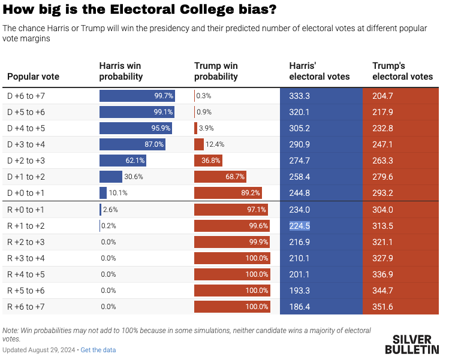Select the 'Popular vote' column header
click(x=33, y=77)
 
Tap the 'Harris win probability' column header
click(x=120, y=71)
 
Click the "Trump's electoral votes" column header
click(x=402, y=71)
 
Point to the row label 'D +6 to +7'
click(x=26, y=96)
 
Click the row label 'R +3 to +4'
click(x=26, y=258)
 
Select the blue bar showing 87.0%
click(x=132, y=144)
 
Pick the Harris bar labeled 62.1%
click(x=123, y=161)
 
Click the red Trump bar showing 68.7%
click(x=221, y=177)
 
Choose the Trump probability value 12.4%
click(x=215, y=144)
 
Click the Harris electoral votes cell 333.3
click(x=300, y=96)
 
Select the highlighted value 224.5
click(x=300, y=226)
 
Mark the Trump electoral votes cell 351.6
click(x=382, y=307)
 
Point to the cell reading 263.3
click(x=382, y=161)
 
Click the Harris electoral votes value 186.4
click(x=300, y=307)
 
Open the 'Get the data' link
click(x=98, y=350)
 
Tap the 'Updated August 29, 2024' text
click(x=38, y=350)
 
